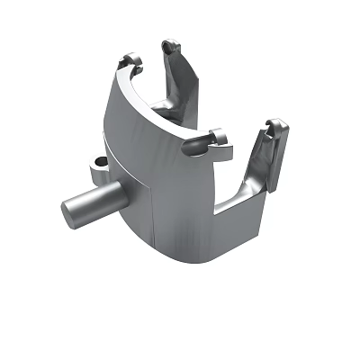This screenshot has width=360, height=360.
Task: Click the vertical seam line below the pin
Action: (x=149, y=220)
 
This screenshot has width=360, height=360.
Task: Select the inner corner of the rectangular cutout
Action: (x=217, y=207)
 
